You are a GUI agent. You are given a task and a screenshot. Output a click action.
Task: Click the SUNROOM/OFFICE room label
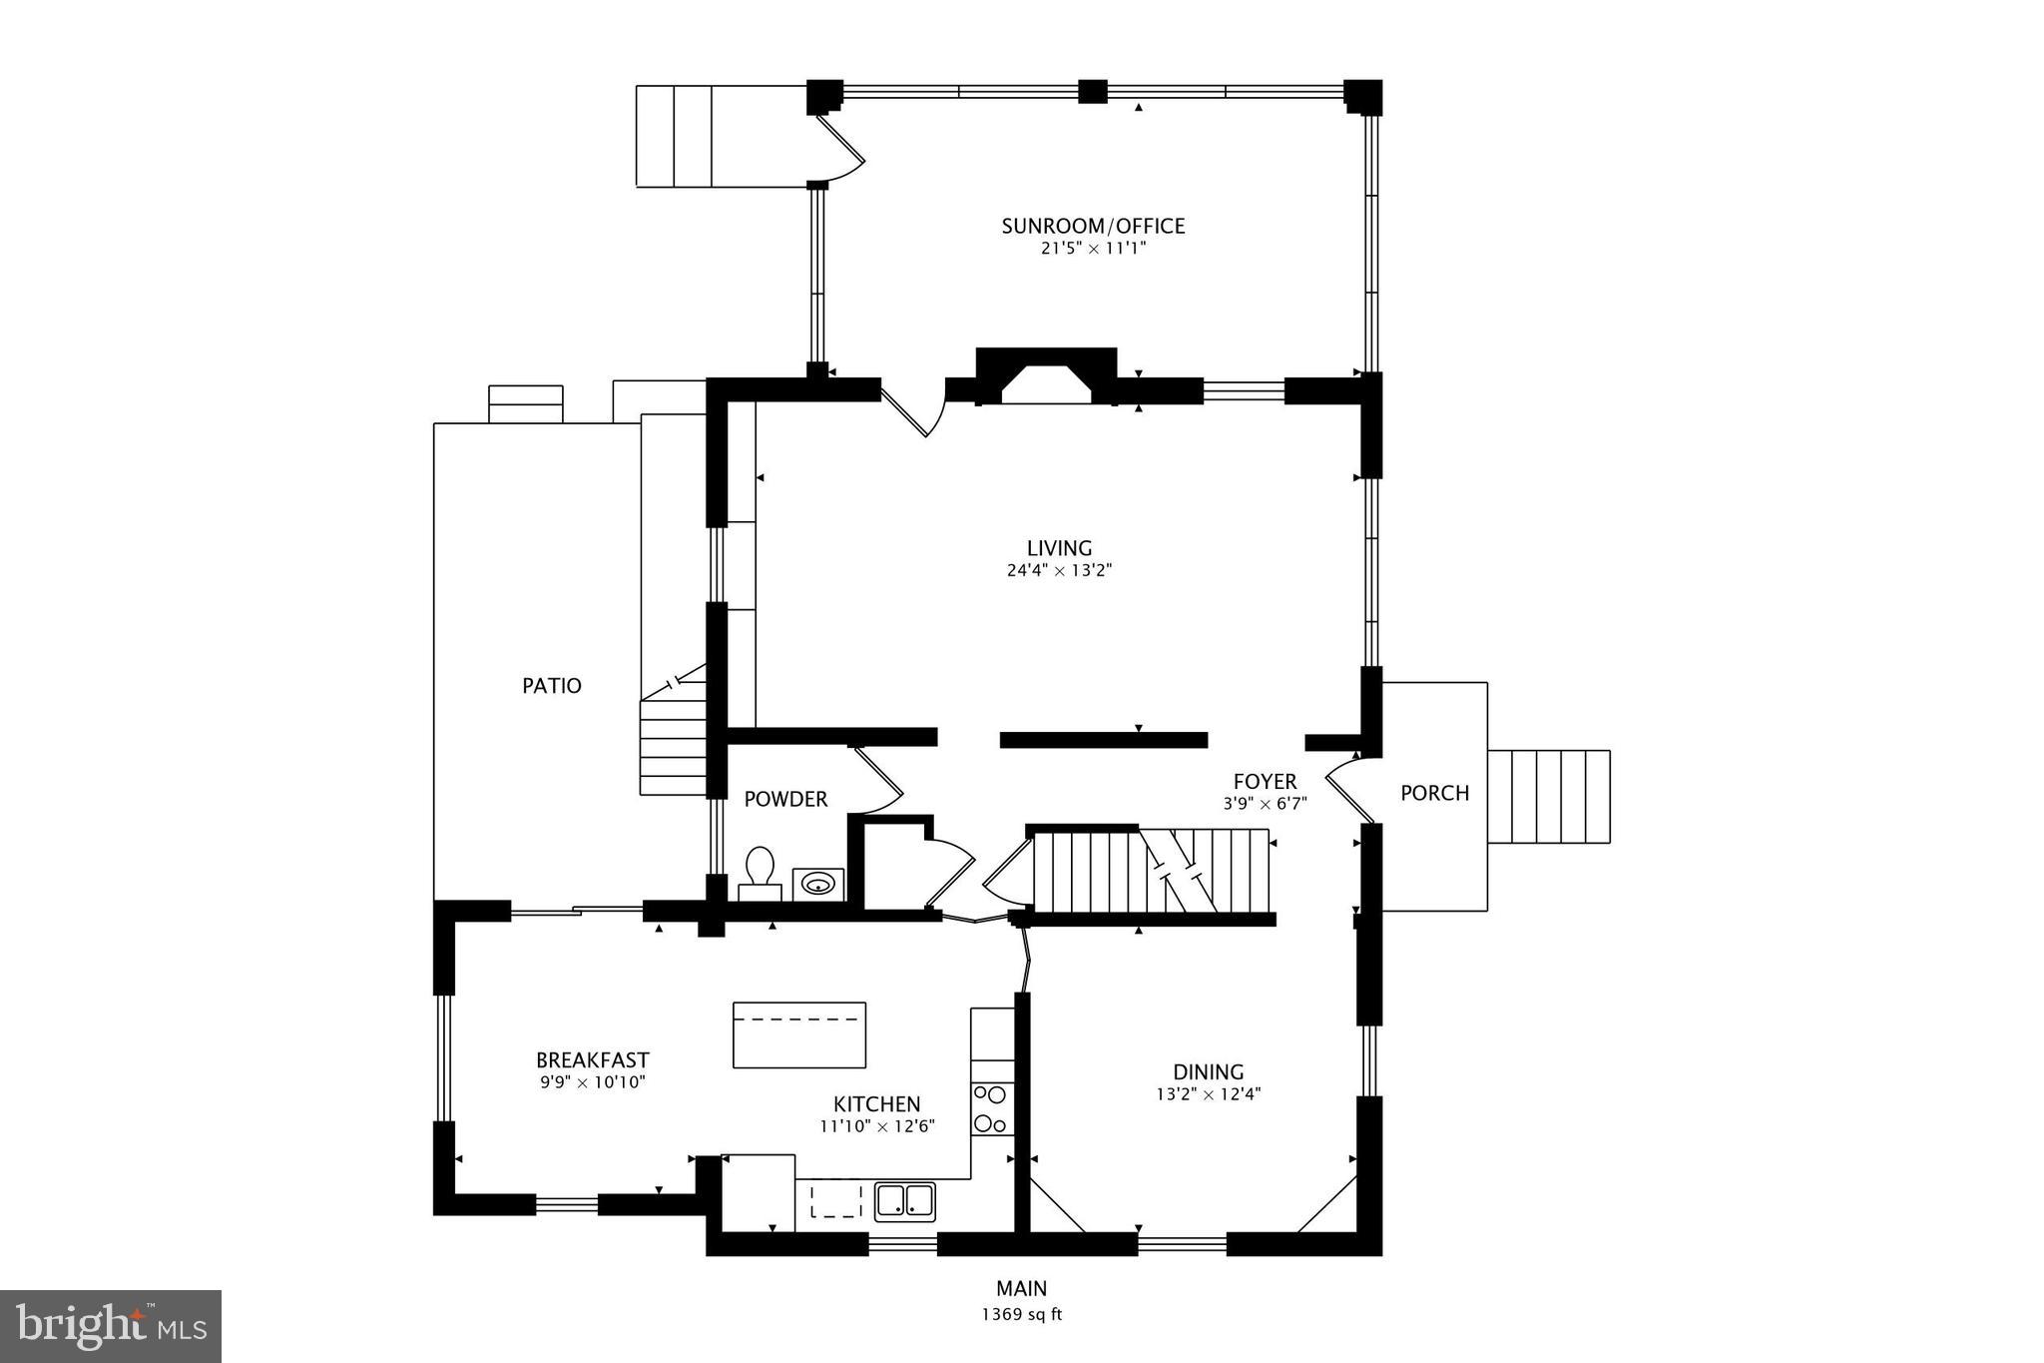pos(1093,226)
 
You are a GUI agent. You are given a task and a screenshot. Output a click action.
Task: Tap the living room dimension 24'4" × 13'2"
pos(1059,571)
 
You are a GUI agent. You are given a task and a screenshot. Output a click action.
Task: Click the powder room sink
pos(818,884)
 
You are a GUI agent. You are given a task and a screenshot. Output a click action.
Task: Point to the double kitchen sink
pos(905,1200)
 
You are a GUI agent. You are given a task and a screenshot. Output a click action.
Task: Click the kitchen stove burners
pos(992,1108)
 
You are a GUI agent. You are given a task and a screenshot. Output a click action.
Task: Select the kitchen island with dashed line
pos(798,1034)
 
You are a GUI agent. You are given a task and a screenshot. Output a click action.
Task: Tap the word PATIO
pos(552,686)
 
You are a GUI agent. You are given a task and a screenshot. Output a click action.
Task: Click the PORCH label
pos(1434,793)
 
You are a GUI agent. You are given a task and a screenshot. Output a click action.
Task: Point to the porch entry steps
pos(1548,797)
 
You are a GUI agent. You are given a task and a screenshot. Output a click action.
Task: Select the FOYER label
pos(1265,782)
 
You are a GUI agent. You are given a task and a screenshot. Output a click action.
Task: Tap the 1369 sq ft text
pos(1021,1315)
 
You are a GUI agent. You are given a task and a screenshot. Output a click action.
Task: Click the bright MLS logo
pos(111,1326)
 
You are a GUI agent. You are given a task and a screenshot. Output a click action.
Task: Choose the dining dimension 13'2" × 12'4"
pos(1208,1093)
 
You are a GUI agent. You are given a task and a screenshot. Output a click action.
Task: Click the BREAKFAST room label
pos(592,1060)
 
